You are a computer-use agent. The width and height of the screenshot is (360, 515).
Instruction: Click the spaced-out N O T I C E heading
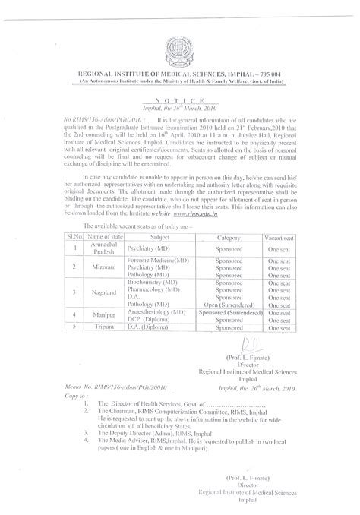(180, 100)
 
